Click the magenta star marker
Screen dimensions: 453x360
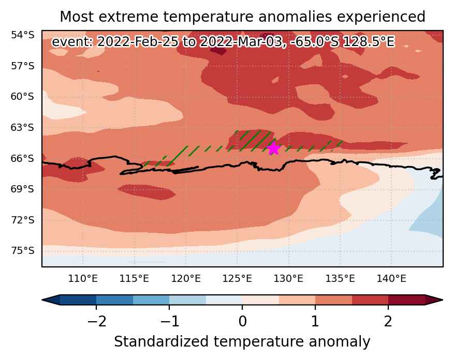[x=273, y=148]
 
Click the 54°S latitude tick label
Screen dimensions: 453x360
[x=23, y=35]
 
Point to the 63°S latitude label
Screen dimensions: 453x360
[x=23, y=127]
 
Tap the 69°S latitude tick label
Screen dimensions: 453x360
[x=23, y=189]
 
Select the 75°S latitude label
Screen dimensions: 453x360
[x=23, y=250]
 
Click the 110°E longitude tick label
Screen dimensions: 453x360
[x=83, y=279]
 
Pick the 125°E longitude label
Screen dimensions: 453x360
[x=237, y=279]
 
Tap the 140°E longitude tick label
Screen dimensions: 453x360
[x=391, y=279]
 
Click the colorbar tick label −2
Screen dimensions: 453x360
[x=96, y=321]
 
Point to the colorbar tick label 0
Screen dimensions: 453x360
[x=242, y=321]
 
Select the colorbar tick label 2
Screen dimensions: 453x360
[x=388, y=321]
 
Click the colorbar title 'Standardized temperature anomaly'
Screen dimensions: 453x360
[x=242, y=342]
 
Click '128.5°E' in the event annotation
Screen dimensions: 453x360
[x=369, y=42]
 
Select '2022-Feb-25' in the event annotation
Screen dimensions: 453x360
[x=138, y=42]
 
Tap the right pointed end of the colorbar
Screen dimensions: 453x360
[x=442, y=299]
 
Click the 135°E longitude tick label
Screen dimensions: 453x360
[x=340, y=279]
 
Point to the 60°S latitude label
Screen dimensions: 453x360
[x=23, y=96]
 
